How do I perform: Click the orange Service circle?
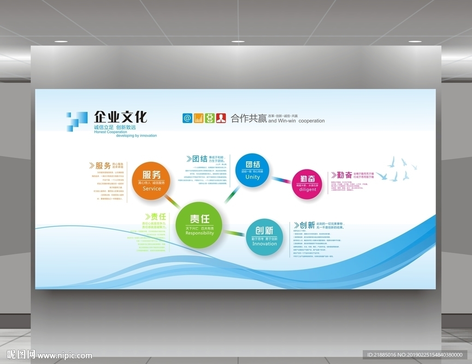[x=152, y=181]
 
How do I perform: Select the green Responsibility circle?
[x=199, y=225]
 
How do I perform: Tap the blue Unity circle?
[x=252, y=170]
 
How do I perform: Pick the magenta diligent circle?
[x=307, y=184]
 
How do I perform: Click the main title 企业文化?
[x=120, y=117]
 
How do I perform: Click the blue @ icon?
[x=187, y=118]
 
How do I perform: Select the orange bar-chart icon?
[x=199, y=118]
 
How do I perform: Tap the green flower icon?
[x=210, y=118]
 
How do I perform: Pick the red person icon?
[x=221, y=118]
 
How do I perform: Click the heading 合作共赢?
[x=248, y=118]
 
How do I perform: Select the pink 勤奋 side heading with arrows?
[x=342, y=175]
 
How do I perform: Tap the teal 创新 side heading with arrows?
[x=304, y=225]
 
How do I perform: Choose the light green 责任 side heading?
[x=155, y=217]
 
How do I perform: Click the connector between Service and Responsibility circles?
[x=172, y=201]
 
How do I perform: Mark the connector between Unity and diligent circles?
[x=280, y=179]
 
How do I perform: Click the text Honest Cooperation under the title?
[x=110, y=132]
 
